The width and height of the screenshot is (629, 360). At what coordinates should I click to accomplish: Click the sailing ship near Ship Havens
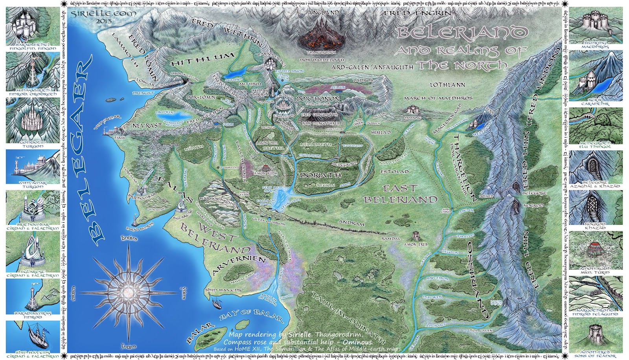tap(217, 302)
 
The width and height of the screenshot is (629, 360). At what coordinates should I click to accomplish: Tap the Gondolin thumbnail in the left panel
tap(33, 120)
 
